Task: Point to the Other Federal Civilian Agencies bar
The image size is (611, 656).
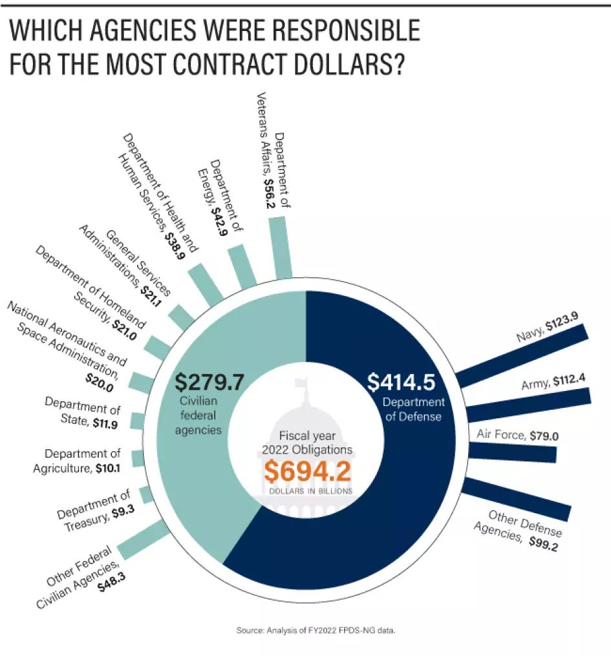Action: [142, 540]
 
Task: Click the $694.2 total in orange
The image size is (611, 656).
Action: [307, 472]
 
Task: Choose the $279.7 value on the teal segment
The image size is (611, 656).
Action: [209, 381]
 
